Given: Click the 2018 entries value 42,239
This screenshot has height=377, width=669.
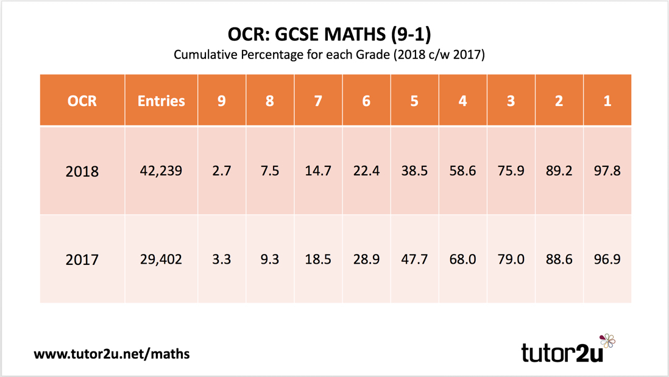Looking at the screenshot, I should click(161, 171).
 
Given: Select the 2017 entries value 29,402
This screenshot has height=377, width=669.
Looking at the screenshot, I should click(161, 259).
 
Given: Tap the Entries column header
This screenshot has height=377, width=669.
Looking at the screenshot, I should click(161, 100).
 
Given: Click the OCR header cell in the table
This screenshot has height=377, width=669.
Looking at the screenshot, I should click(82, 100).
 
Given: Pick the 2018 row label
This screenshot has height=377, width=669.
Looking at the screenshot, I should click(82, 171).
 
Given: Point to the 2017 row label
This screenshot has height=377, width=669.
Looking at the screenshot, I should click(82, 259).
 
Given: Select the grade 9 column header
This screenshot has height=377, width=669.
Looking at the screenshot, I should click(222, 100).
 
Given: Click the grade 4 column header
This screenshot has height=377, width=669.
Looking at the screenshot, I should click(462, 100).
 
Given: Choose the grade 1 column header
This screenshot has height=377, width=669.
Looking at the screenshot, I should click(607, 100).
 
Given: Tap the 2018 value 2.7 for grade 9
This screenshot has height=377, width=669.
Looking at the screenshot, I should click(222, 171).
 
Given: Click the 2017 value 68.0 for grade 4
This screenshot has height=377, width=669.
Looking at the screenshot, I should click(462, 259).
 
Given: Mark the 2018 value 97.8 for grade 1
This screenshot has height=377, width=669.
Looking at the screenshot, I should click(607, 171).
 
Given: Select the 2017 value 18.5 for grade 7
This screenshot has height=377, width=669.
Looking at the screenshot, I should click(318, 259).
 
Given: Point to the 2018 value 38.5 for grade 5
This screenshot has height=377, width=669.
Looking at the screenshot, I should click(414, 171).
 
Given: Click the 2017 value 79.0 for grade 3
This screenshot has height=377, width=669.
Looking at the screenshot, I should click(511, 259).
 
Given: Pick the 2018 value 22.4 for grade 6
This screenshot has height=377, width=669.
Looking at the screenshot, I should click(366, 171).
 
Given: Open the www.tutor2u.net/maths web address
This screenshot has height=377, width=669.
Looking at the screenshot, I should click(111, 353).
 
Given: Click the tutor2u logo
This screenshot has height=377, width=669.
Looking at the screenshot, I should click(567, 349).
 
